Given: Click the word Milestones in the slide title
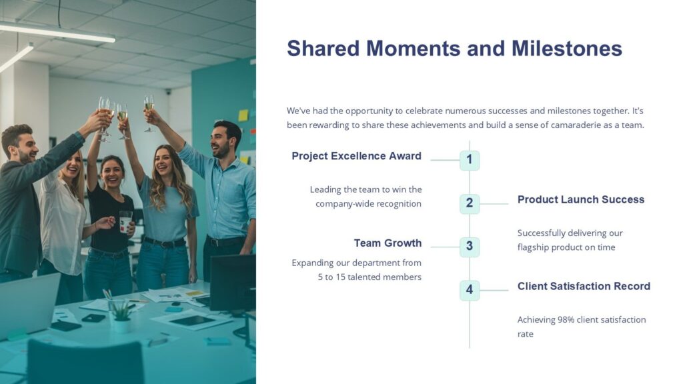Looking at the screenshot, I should click(x=567, y=49).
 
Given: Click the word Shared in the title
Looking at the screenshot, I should click(x=322, y=49).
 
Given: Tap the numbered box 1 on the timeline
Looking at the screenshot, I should click(x=470, y=160).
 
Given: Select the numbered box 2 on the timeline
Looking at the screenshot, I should click(x=470, y=203).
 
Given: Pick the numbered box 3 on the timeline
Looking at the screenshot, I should click(x=470, y=247).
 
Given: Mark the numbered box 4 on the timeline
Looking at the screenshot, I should click(x=470, y=290).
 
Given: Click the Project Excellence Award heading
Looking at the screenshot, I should click(x=356, y=156).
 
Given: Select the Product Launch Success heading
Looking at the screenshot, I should click(x=581, y=199).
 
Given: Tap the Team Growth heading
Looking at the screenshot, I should click(x=388, y=243).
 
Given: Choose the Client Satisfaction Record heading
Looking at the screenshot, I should click(x=584, y=286).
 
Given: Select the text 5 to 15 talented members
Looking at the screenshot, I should click(x=370, y=277).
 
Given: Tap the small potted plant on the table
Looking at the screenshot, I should click(x=121, y=315).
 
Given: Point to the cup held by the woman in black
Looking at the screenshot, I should click(x=126, y=221).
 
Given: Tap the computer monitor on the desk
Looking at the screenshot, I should click(x=231, y=283).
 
